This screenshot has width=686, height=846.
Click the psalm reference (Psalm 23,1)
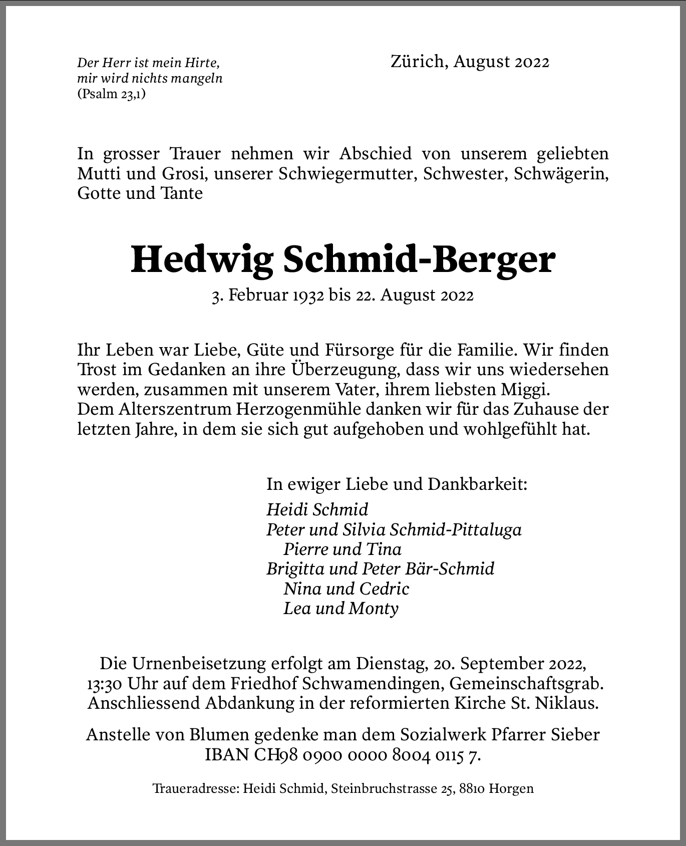pos(112,94)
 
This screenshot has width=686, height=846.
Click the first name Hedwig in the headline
pos(202,259)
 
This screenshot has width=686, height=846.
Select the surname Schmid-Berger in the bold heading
pos(419,259)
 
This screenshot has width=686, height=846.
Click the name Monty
pos(374,609)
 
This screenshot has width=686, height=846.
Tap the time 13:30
pos(103,684)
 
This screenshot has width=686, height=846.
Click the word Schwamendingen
pos(372,684)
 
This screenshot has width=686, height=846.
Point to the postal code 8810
pos(470,789)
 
